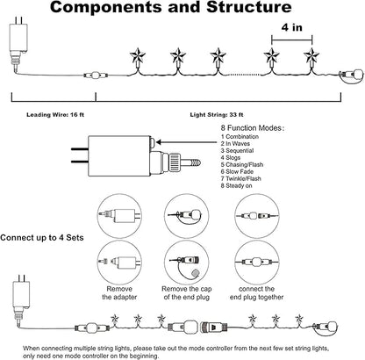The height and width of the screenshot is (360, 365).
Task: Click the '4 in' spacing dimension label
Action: [292, 27]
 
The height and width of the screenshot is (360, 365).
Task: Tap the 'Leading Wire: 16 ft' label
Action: [55, 115]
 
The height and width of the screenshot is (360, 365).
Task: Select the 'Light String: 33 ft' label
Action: [217, 115]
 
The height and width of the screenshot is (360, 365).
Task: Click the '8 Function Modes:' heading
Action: [253, 128]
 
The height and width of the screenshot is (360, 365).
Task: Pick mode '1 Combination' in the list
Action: [240, 137]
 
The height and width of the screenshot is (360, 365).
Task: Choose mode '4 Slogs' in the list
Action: [231, 158]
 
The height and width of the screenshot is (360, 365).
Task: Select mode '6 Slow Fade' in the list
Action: [237, 172]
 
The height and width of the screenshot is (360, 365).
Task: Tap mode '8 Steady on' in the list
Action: [236, 186]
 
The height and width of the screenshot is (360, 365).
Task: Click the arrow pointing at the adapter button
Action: [186, 142]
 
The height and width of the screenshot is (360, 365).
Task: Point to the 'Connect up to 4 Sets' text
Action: [42, 238]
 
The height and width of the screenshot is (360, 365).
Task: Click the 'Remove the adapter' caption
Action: [119, 293]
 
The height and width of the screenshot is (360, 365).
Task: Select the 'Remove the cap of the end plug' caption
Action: [187, 293]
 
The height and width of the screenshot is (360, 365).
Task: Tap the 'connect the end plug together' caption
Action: [256, 293]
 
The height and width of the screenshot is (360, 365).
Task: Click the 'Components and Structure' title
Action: [171, 8]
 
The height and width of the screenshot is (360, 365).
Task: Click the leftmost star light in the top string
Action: [138, 56]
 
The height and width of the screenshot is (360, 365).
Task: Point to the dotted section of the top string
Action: [244, 75]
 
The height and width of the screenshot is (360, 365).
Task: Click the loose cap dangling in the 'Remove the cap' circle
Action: [195, 273]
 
